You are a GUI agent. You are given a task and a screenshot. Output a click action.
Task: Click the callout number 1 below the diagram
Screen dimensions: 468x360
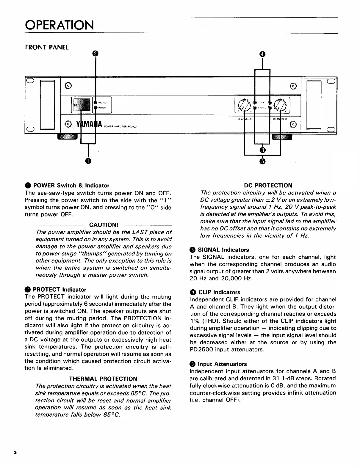(88, 161)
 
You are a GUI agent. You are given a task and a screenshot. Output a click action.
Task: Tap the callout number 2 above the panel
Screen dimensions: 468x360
(95, 54)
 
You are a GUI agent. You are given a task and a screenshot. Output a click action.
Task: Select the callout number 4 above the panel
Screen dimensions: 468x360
(262, 54)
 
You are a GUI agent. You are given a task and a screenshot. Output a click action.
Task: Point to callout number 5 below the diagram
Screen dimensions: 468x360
(262, 161)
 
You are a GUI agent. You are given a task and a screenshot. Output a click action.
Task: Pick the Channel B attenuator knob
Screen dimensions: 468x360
(280, 105)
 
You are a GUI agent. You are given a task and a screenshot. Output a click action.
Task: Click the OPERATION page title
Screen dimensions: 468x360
(59, 25)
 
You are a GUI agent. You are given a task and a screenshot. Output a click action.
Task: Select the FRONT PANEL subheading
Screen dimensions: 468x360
(47, 47)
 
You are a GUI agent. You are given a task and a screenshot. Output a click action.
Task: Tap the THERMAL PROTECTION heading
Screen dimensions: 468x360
(103, 379)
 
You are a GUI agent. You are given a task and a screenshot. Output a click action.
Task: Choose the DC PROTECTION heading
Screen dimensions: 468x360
(268, 186)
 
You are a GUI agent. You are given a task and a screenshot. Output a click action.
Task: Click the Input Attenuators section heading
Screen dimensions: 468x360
(222, 364)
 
